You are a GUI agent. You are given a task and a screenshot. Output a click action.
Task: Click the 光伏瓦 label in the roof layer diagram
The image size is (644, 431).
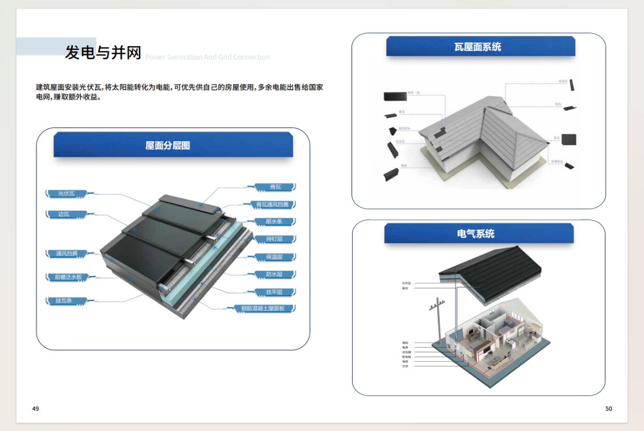[66, 194]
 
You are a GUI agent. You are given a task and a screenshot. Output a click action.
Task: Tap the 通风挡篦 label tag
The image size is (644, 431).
[66, 253]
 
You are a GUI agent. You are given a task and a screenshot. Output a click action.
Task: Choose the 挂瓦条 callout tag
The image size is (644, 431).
[64, 301]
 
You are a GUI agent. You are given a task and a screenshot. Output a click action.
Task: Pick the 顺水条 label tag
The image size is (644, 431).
[274, 222]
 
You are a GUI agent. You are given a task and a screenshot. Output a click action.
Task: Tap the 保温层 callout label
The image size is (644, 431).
[274, 257]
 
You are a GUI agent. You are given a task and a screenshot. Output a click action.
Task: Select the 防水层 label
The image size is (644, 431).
[274, 274]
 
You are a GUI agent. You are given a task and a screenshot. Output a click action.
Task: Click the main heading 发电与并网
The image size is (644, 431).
[103, 52]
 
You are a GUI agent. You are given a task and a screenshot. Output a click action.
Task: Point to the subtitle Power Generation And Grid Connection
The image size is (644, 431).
[208, 57]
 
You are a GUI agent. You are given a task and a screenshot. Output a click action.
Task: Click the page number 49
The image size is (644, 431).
[35, 409]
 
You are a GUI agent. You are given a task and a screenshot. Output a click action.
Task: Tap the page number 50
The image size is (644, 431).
[609, 409]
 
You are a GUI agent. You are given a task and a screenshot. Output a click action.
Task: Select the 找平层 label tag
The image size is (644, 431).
[274, 292]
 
